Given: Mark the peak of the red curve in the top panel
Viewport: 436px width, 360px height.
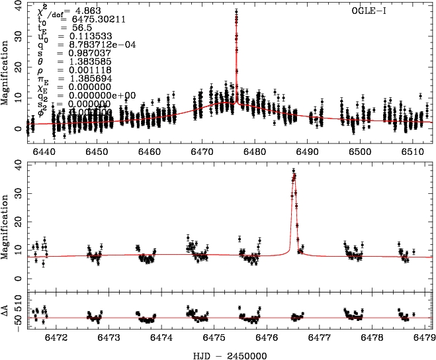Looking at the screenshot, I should click(236, 12).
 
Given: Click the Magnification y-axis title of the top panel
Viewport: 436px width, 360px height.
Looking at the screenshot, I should click(6, 72).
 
